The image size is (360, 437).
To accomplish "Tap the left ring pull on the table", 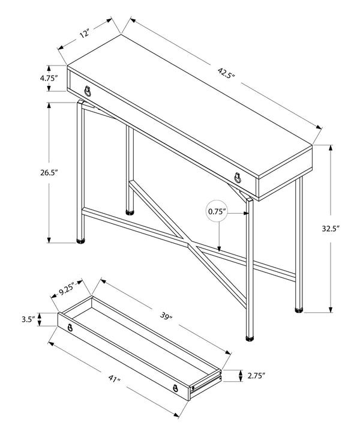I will (x=88, y=91).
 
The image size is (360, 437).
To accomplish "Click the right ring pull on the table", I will (x=238, y=177).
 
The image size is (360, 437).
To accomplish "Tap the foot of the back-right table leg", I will (x=299, y=311).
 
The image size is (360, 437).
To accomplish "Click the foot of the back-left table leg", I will (x=130, y=211).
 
